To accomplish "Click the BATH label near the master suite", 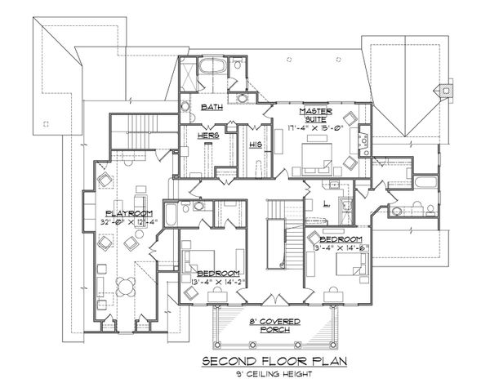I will pyautogui.click(x=212, y=106).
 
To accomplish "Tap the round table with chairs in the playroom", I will pyautogui.click(x=126, y=287).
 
